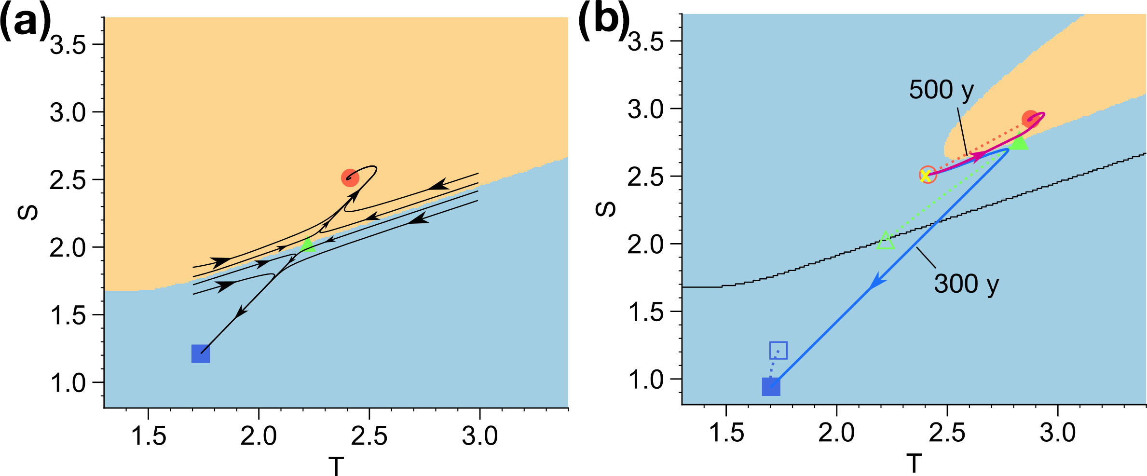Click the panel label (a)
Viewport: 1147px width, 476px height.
[25, 22]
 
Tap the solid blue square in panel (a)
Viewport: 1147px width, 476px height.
[201, 354]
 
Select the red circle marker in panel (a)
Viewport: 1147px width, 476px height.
[350, 178]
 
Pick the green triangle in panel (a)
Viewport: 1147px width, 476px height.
[307, 245]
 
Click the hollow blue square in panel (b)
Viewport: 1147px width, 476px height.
[778, 350]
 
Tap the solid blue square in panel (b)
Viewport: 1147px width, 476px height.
[771, 387]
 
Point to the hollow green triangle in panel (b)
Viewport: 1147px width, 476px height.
[886, 241]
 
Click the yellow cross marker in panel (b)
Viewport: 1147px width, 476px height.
[926, 176]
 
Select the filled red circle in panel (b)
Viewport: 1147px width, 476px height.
[1030, 119]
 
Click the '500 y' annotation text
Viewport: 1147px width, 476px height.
[941, 90]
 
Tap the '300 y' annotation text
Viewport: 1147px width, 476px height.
[966, 284]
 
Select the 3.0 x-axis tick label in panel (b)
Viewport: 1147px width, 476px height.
[1057, 433]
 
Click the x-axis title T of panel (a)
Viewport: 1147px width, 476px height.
[336, 466]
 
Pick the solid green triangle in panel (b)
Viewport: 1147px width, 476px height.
[1019, 143]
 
